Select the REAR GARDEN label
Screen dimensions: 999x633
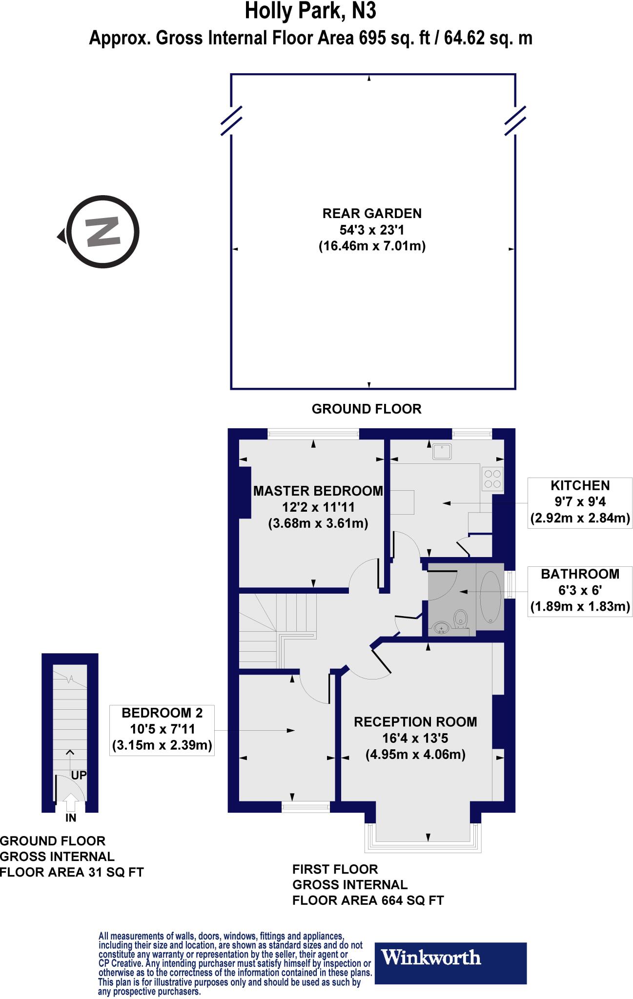[372, 213]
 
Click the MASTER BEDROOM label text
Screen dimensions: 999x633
[318, 491]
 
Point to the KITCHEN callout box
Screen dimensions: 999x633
[580, 502]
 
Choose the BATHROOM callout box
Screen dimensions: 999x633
[580, 590]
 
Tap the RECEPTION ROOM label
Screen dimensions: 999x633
[415, 722]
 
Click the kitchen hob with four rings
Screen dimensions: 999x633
[492, 479]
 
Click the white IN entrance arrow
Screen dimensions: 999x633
[71, 801]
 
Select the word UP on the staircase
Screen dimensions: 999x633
[79, 775]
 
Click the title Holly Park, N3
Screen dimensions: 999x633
[310, 12]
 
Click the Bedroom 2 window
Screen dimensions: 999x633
[306, 808]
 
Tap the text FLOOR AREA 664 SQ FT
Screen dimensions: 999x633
[368, 900]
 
